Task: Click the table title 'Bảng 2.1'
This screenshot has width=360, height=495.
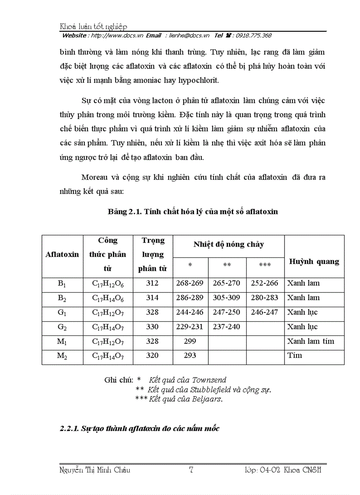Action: tap(193, 212)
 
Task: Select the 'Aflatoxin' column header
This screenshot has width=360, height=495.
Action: tap(62, 254)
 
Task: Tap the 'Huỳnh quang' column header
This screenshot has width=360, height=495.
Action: tap(314, 261)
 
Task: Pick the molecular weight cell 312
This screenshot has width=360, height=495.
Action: tap(152, 283)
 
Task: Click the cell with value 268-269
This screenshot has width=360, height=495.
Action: tap(190, 283)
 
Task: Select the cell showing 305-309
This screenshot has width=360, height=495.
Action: tap(227, 298)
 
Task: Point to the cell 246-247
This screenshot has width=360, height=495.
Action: tap(265, 313)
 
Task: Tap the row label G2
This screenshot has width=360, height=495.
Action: tap(62, 327)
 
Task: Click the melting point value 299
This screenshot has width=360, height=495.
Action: tap(190, 342)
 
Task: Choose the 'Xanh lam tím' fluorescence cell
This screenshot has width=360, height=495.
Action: tap(311, 342)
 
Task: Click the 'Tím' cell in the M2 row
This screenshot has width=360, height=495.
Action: tap(295, 356)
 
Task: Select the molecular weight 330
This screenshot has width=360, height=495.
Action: tap(152, 327)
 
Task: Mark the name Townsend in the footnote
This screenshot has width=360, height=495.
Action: tap(208, 380)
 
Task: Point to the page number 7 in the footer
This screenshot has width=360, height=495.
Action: tap(191, 470)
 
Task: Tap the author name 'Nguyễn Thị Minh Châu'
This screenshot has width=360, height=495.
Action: tap(95, 470)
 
